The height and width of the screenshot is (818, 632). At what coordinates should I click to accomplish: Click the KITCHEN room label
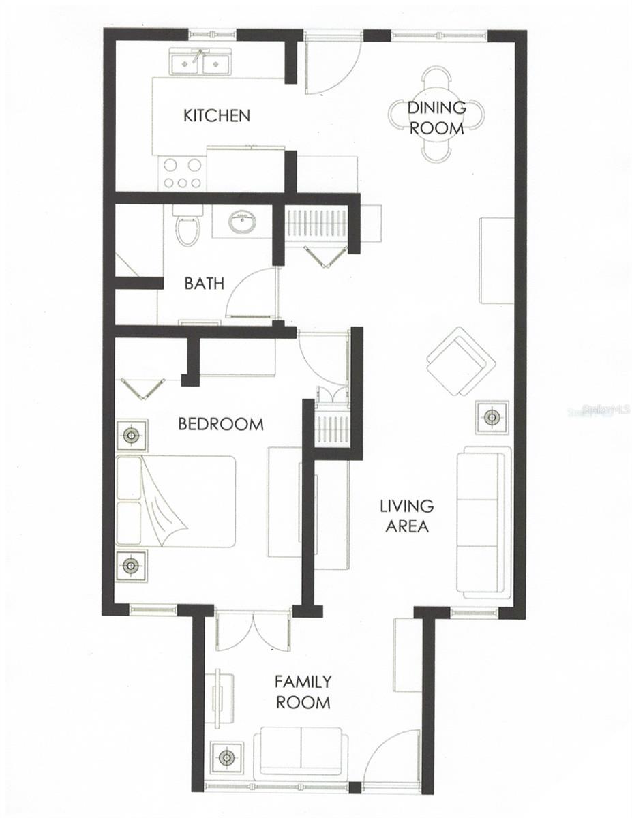pyautogui.click(x=217, y=116)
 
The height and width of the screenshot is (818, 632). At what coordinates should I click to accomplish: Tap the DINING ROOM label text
pyautogui.click(x=436, y=117)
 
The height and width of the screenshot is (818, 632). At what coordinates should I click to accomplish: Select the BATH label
pyautogui.click(x=203, y=283)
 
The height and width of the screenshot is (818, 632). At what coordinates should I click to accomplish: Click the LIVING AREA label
pyautogui.click(x=406, y=516)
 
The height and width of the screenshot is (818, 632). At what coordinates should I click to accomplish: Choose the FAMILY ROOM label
pyautogui.click(x=303, y=691)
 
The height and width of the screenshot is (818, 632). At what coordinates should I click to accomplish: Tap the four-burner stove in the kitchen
pyautogui.click(x=183, y=173)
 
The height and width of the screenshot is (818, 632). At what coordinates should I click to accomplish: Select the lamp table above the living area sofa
pyautogui.click(x=492, y=416)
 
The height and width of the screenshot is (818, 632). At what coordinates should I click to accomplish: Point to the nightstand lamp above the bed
pyautogui.click(x=131, y=434)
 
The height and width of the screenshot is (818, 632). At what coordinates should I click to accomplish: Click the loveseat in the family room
pyautogui.click(x=297, y=754)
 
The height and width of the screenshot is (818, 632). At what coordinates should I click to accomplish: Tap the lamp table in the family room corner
pyautogui.click(x=226, y=757)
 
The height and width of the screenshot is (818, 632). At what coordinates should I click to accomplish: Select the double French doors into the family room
pyautogui.click(x=253, y=631)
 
